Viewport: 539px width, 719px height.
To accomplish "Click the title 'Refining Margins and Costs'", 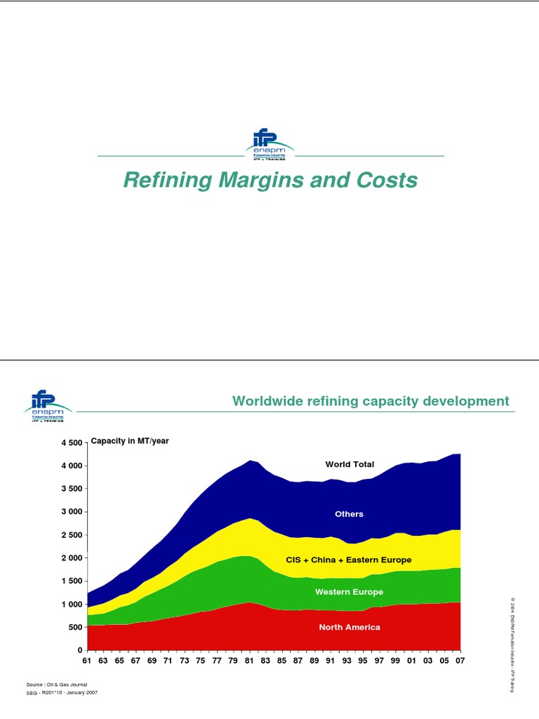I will point(270,180).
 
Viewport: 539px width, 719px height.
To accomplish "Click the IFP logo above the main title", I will point(270,145).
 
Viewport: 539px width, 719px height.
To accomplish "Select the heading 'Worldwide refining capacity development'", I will point(371,401).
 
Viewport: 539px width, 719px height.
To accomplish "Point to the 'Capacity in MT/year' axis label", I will point(130,441).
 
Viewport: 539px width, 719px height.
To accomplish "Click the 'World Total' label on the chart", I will point(350,464).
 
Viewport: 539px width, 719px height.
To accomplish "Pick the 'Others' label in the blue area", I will point(349,514).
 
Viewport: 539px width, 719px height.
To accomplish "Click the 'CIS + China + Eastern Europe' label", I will point(349,560).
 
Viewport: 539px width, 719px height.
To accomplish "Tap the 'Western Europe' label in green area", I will point(349,592).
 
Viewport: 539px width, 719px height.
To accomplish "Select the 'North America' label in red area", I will point(350,627).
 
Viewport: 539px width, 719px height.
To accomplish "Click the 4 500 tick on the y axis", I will point(72,442).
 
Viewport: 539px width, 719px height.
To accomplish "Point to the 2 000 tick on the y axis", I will point(72,558).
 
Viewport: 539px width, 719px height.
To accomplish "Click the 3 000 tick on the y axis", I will point(72,512).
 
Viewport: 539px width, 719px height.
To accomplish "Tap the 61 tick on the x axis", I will point(87,661).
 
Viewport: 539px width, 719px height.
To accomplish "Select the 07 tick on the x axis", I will point(460,661).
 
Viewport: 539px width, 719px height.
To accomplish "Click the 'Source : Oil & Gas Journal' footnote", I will point(58,684).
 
